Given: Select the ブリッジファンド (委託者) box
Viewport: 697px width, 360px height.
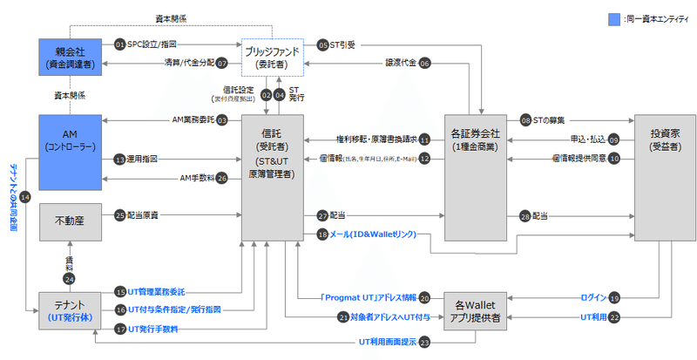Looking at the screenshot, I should [x=272, y=56].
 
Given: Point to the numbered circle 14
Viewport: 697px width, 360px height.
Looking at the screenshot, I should [x=24, y=198].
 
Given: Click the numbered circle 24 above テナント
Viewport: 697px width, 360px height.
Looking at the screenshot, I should [x=69, y=277].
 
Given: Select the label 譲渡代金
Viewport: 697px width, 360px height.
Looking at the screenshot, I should [x=400, y=63].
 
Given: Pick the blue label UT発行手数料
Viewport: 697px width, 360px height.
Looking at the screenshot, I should [x=157, y=329].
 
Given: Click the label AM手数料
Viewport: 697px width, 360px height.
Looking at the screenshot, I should [x=193, y=178].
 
